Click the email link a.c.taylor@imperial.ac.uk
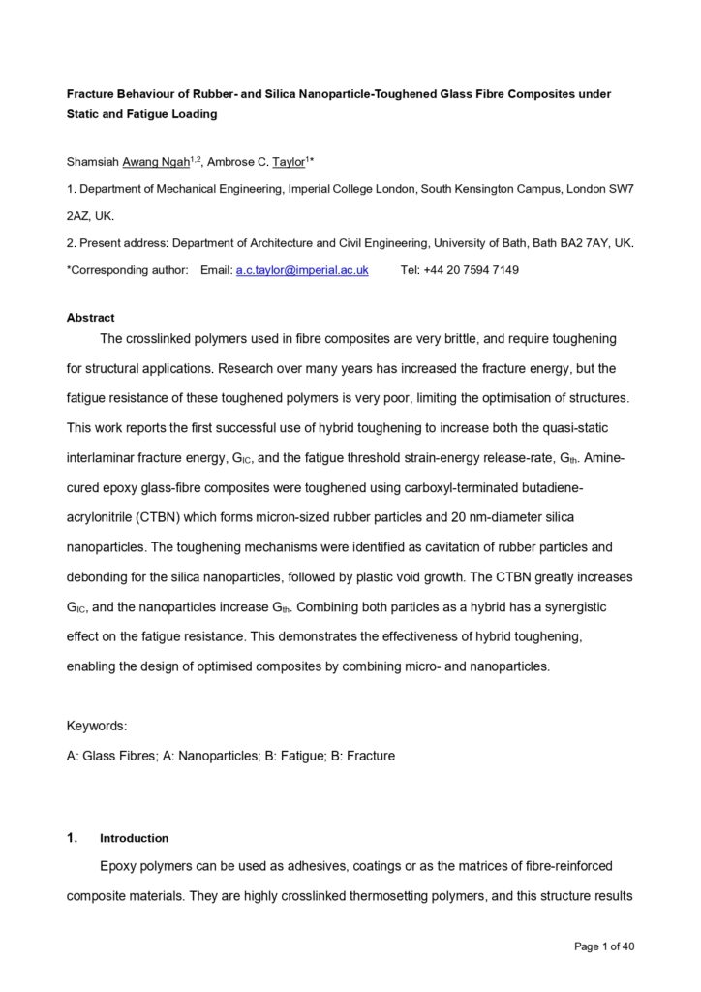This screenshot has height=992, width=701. [302, 270]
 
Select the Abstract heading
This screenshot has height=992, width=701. [90, 318]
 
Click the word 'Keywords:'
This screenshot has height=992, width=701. [97, 726]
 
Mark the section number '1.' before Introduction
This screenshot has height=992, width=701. [72, 838]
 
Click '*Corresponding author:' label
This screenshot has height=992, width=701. [127, 270]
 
